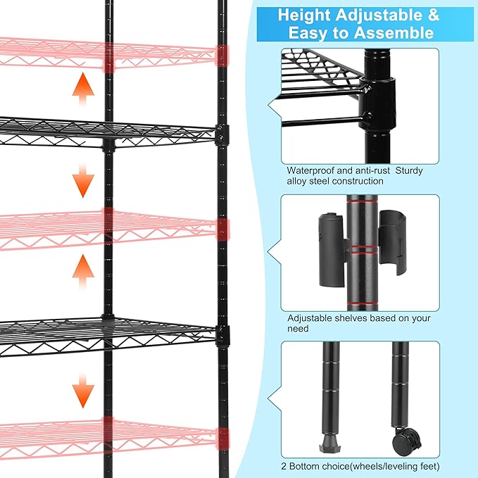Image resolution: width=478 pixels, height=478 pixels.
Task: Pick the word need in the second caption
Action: (x=298, y=328)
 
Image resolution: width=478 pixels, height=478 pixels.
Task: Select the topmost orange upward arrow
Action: (x=84, y=89)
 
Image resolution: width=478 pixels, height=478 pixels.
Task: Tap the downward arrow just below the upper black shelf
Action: (x=84, y=182)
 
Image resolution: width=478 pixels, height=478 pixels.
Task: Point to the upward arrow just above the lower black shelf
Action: (x=84, y=272)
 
